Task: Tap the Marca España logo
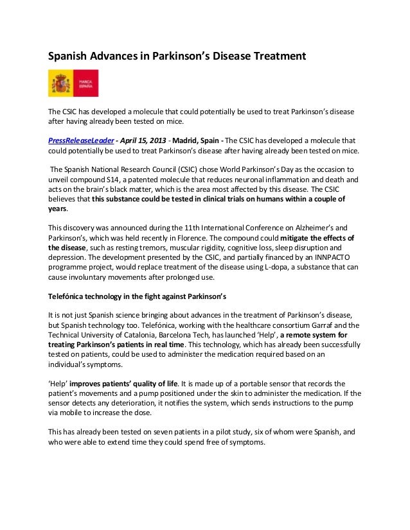pyautogui.click(x=72, y=84)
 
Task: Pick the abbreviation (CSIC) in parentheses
pyautogui.click(x=191, y=169)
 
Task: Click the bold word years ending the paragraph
pyautogui.click(x=59, y=210)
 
